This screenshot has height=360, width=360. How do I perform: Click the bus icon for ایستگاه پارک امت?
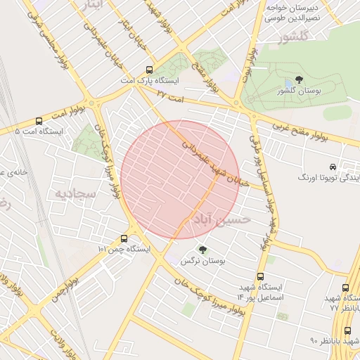(x=149, y=70)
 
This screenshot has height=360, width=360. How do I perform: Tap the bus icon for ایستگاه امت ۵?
(x=39, y=120)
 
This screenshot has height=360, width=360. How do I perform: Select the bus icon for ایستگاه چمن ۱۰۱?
(x=124, y=238)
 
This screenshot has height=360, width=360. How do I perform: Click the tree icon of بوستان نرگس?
(x=203, y=250)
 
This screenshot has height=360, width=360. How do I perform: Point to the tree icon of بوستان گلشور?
(x=300, y=79)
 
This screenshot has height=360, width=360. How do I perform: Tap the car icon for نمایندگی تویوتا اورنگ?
(x=331, y=167)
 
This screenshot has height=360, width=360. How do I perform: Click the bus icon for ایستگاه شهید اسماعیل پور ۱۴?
(x=261, y=276)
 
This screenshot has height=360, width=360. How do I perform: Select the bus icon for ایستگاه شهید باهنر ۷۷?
(x=345, y=288)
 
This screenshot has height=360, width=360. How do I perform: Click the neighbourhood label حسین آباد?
(x=222, y=220)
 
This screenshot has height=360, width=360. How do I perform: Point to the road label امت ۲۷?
(x=170, y=94)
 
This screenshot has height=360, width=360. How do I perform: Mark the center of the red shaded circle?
(x=180, y=179)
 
